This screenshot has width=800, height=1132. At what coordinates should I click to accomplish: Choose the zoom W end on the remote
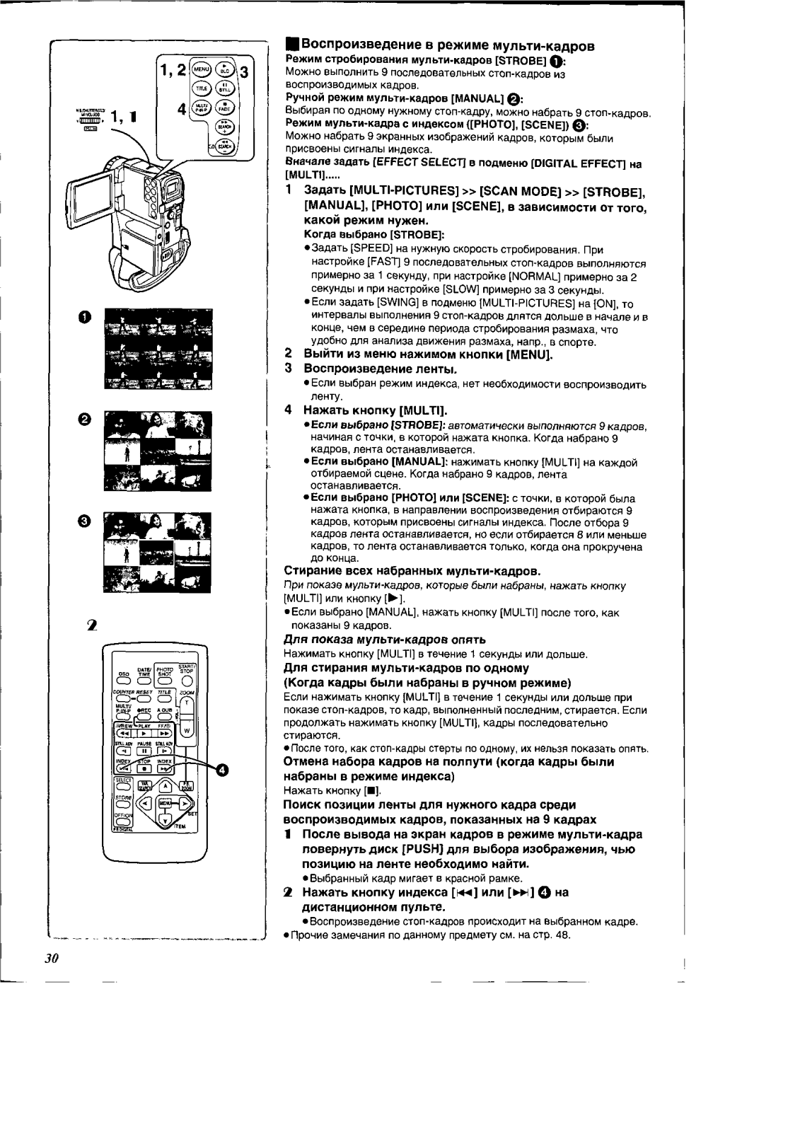[x=187, y=729]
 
